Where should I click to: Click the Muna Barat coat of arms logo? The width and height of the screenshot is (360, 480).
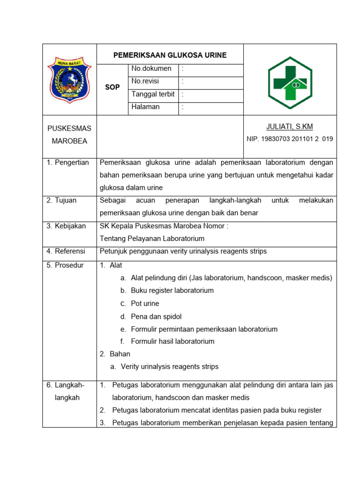pyautogui.click(x=69, y=79)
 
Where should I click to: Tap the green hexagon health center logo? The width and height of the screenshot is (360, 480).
pyautogui.click(x=290, y=83)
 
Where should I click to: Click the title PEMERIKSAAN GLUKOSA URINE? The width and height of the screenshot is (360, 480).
pyautogui.click(x=170, y=55)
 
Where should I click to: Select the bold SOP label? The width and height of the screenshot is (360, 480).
pyautogui.click(x=112, y=87)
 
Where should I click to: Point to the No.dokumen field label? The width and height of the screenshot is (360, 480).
pyautogui.click(x=151, y=69)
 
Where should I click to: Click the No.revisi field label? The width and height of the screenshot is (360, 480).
pyautogui.click(x=145, y=81)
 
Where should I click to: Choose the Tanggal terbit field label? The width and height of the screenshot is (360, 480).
pyautogui.click(x=153, y=94)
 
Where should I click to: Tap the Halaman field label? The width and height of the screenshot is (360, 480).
pyautogui.click(x=145, y=107)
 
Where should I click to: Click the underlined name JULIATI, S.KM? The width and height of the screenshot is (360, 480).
pyautogui.click(x=289, y=127)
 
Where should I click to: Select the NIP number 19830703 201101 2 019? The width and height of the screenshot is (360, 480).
pyautogui.click(x=290, y=139)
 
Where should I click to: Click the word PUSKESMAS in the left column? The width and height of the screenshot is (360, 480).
pyautogui.click(x=69, y=128)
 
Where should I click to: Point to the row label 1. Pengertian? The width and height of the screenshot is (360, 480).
pyautogui.click(x=67, y=163)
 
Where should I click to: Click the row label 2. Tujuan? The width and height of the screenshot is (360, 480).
pyautogui.click(x=61, y=201)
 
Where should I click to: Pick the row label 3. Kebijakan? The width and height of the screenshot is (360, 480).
pyautogui.click(x=66, y=226)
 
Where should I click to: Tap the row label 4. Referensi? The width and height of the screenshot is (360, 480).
pyautogui.click(x=66, y=251)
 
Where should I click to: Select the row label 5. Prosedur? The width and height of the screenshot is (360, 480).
pyautogui.click(x=65, y=265)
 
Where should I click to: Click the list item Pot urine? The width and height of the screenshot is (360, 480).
pyautogui.click(x=145, y=304)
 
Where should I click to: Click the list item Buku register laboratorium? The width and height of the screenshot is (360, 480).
pyautogui.click(x=172, y=291)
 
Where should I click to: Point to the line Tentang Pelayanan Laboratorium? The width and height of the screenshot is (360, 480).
pyautogui.click(x=152, y=239)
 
